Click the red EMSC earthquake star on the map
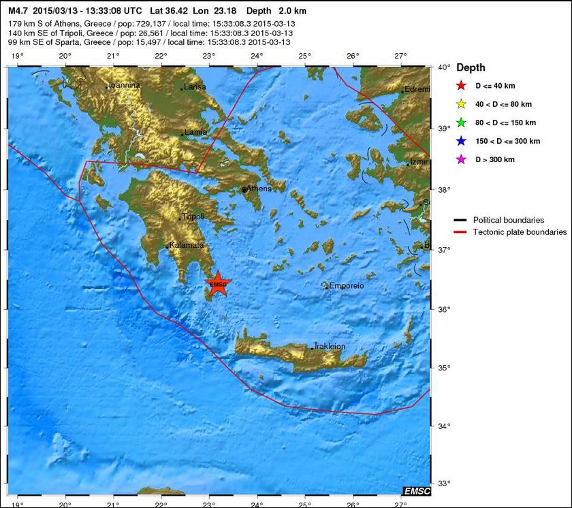coord(218,285)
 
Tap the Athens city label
coord(259,189)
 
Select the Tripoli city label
coord(193,217)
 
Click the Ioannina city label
coord(125,85)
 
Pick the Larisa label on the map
coord(195,87)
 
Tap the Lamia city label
coord(196,132)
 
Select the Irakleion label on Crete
coord(330,347)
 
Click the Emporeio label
coord(347,286)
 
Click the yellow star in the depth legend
coord(461,104)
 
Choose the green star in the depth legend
coord(461,123)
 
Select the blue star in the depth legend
coord(461,141)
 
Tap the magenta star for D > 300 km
coord(461,159)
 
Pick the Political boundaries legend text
coord(508,220)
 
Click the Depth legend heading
coord(471,67)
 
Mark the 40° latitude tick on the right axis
coord(443,67)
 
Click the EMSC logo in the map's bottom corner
coord(416,491)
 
